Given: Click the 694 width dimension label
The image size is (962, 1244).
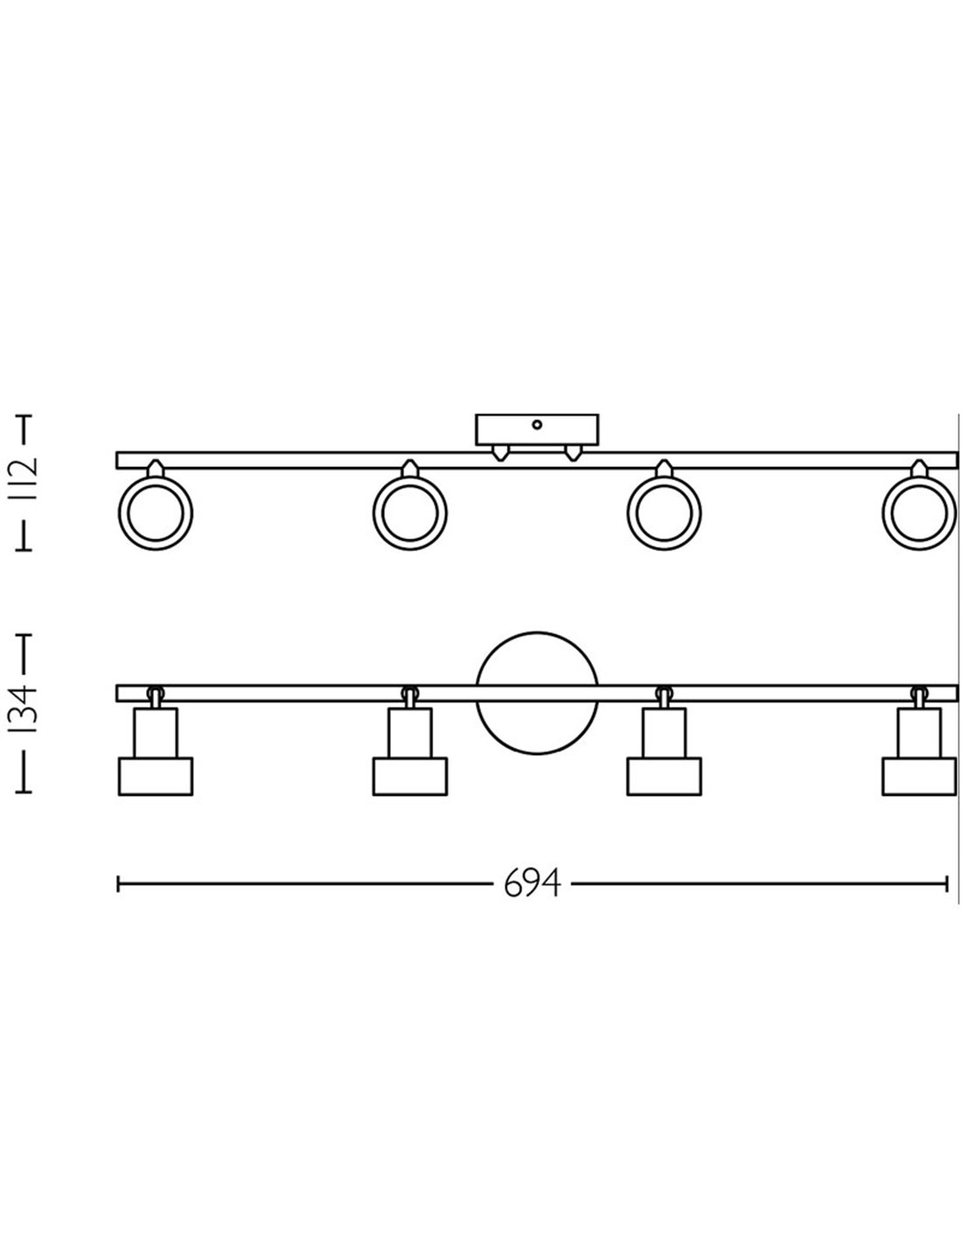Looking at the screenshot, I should coord(532,884).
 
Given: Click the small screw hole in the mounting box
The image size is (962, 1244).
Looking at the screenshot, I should coord(537,426).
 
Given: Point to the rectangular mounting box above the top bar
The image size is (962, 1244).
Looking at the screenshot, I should coord(537,430).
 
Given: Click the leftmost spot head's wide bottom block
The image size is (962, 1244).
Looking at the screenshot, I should coord(155,777).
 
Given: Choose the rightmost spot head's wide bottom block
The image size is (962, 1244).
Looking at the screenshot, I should coord(918,777).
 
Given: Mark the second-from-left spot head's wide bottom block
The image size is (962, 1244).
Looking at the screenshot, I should coord(409,777).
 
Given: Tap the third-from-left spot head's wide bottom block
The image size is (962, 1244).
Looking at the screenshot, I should coord(664,777).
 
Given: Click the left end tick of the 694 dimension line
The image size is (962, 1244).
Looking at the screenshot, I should coord(118,884).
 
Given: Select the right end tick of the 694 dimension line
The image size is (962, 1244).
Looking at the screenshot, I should coord(948,884).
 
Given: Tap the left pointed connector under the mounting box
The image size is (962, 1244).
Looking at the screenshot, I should coord(500,452).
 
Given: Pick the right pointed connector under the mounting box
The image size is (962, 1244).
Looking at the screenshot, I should coord(573,452).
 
